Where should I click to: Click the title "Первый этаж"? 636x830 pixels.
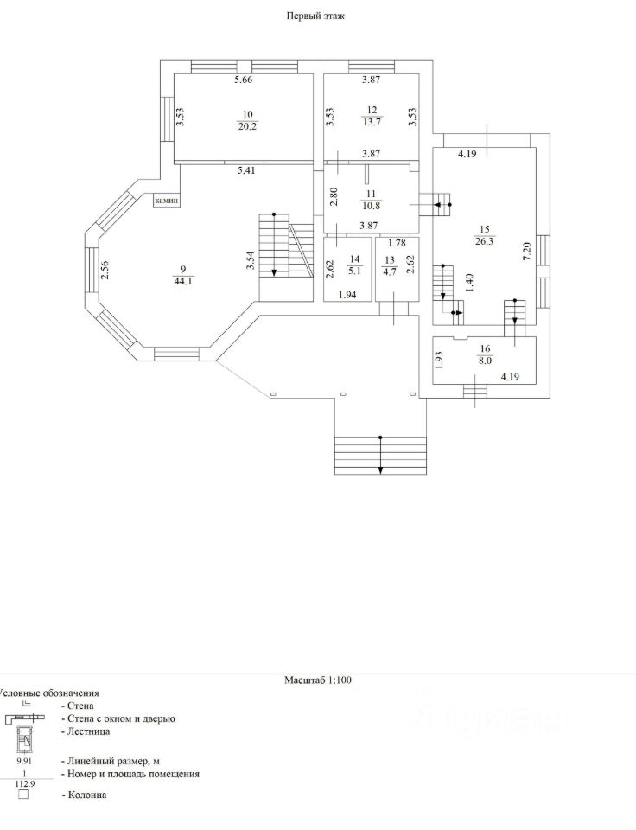pyautogui.click(x=315, y=16)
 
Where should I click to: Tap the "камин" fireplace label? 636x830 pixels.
pyautogui.click(x=167, y=201)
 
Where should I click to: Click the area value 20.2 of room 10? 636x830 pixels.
pyautogui.click(x=248, y=126)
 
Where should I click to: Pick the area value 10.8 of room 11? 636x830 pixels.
pyautogui.click(x=372, y=207)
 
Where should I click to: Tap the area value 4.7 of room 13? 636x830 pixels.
pyautogui.click(x=390, y=271)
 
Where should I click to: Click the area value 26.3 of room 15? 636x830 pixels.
pyautogui.click(x=484, y=243)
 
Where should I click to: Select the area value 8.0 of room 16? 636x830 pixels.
pyautogui.click(x=484, y=362)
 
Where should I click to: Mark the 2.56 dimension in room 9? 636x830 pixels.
pyautogui.click(x=105, y=271)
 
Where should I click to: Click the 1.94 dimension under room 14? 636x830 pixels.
pyautogui.click(x=347, y=295)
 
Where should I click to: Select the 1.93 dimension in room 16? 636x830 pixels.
pyautogui.click(x=439, y=361)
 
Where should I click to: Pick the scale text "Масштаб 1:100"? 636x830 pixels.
pyautogui.click(x=318, y=680)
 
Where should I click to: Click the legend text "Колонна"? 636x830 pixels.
pyautogui.click(x=88, y=795)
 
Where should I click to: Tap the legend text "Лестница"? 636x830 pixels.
pyautogui.click(x=86, y=731)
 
